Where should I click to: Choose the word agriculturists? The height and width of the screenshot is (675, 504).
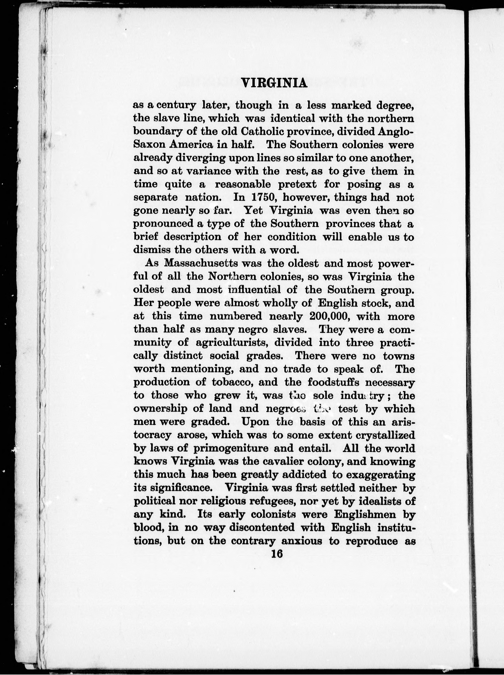point(232,342)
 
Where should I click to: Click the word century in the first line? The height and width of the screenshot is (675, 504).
point(178,106)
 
